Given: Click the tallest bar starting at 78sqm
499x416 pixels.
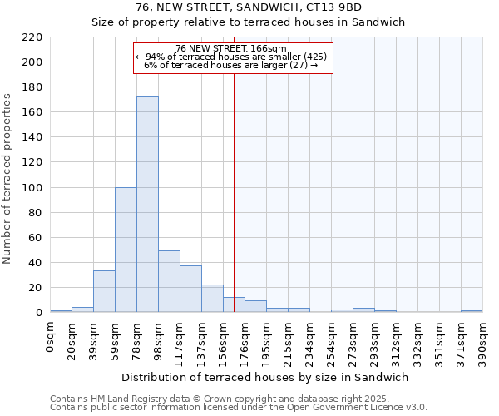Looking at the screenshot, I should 147,204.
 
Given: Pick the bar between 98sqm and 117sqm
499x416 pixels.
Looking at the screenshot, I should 169,281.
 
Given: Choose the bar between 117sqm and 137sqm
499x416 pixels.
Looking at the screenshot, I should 190,289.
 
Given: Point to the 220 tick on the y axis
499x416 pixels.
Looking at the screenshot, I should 32,37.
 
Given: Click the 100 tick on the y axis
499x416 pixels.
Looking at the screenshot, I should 32,188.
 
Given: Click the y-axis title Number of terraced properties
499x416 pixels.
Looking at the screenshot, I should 8,179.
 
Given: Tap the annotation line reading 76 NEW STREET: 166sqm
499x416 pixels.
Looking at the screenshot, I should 231,48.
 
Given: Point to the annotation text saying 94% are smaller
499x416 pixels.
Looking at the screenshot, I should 231,57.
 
